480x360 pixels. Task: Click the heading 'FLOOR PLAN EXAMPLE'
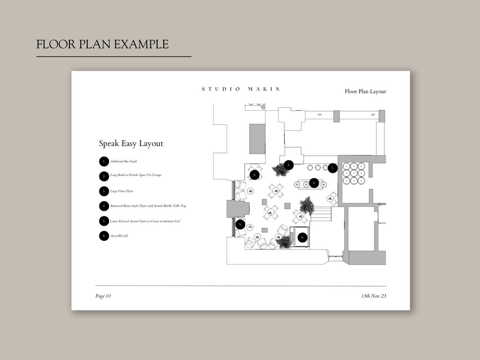pos(102,44)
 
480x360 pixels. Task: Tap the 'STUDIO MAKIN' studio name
pos(240,89)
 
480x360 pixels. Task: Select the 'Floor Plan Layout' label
pos(365,91)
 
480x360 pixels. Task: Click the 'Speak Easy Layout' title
pos(131,144)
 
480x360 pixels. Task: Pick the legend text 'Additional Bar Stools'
pos(124,162)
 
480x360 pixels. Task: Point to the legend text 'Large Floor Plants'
pos(122,191)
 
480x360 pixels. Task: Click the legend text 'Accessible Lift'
pos(119,236)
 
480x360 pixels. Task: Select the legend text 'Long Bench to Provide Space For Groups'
pos(136,175)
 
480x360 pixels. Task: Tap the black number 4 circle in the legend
pos(104,206)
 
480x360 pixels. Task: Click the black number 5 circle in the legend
pos(104,221)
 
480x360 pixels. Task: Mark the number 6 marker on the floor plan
pos(302,238)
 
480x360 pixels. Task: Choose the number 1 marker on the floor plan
pos(333,168)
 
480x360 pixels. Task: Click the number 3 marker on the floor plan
pos(288,165)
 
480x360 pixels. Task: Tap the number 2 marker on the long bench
pos(314,183)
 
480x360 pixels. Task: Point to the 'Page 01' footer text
pos(103,296)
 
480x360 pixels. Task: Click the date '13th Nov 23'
pos(373,296)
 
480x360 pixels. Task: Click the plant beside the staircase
pos(306,205)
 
